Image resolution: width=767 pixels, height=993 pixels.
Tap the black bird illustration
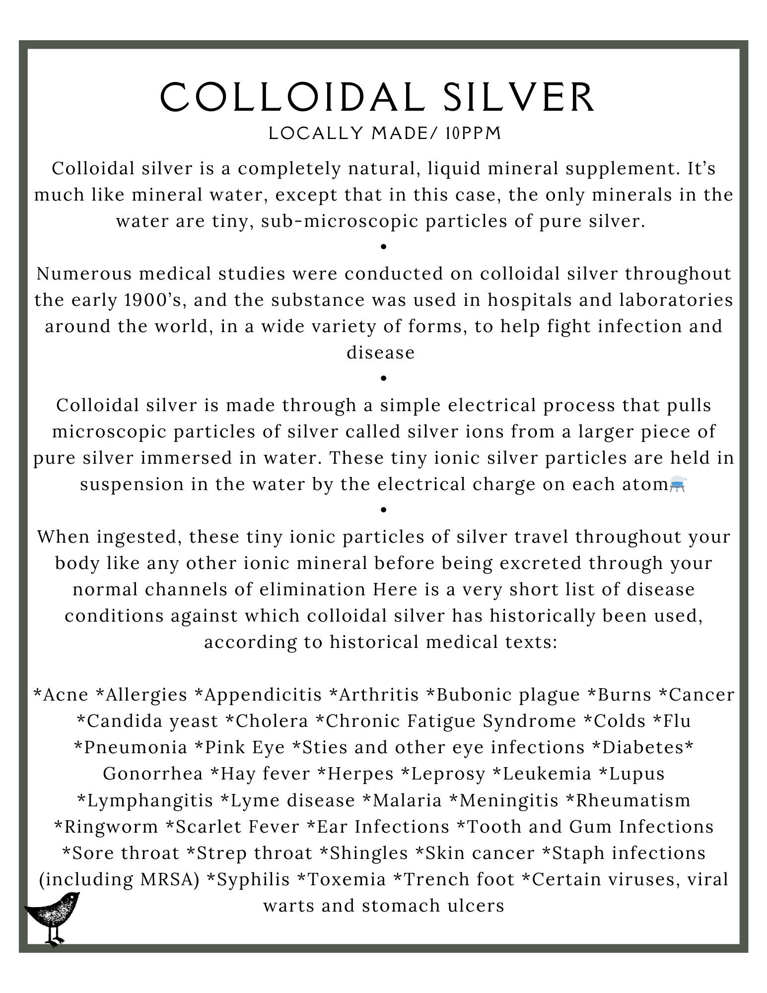click(52, 917)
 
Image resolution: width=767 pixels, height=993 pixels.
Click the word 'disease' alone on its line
click(380, 353)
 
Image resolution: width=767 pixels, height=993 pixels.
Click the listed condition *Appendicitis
click(258, 695)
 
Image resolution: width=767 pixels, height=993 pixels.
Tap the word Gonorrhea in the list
click(153, 774)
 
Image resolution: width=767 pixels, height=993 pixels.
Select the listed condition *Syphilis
click(248, 879)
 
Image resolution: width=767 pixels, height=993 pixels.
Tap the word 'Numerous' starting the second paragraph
click(76, 274)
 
